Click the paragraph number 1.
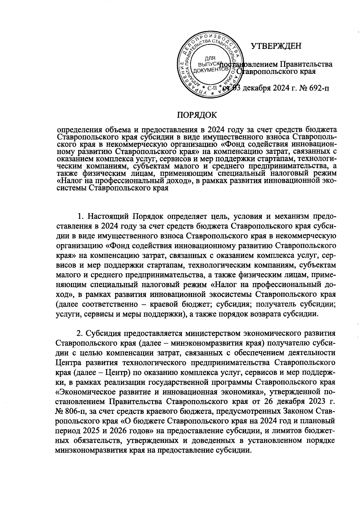(x=80, y=216)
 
